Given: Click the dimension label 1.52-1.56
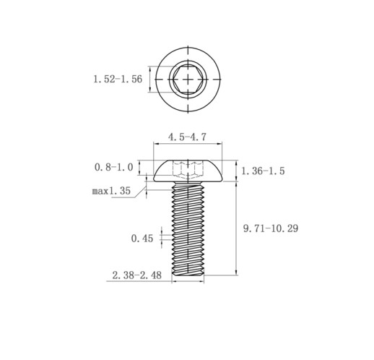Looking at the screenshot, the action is pos(118,79).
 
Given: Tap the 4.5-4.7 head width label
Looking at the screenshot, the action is pos(187,137).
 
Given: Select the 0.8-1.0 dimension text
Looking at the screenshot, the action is pos(113,167).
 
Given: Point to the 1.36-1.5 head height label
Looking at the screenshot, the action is pos(263,171).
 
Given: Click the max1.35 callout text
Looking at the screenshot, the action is pos(111,191).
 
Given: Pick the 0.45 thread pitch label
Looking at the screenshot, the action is pos(142,239).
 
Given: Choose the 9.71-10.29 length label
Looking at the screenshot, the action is pos(271,228).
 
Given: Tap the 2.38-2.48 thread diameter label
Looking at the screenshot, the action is pos(137,275).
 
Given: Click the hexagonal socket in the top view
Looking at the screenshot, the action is pos(188,79).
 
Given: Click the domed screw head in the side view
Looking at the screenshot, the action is pos(188,171).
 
